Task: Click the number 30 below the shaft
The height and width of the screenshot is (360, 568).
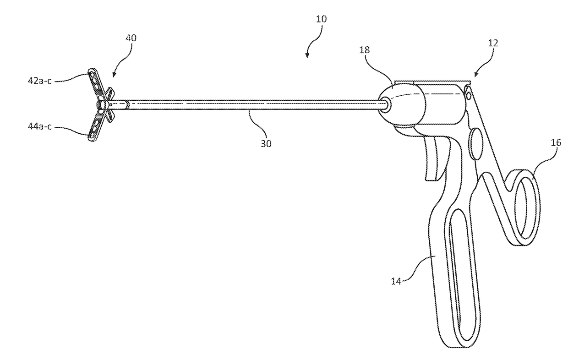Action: [x=266, y=143]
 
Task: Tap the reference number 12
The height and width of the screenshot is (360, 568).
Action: [x=493, y=44]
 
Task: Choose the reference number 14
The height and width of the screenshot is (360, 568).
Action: [x=396, y=281]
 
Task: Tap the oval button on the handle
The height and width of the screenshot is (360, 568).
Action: [x=475, y=142]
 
